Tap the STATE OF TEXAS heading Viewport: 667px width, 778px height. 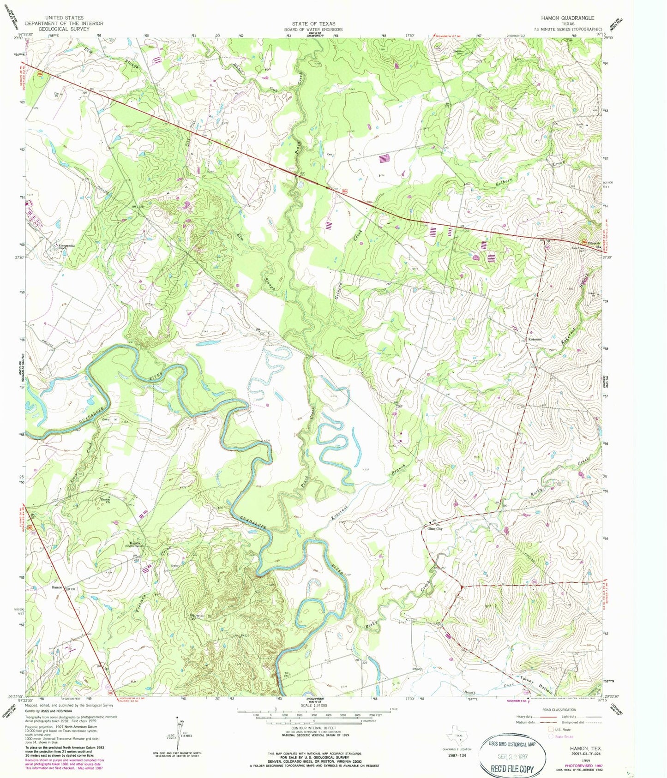[313, 23]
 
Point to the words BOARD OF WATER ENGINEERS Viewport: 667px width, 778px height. [313, 28]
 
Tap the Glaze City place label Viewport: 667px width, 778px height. [435, 529]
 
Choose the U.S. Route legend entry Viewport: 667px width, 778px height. [560, 730]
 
